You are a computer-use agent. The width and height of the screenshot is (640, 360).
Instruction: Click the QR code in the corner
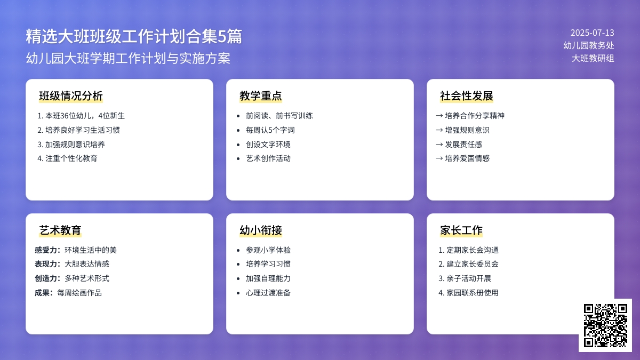[605, 325]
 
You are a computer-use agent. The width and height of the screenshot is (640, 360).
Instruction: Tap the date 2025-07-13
[592, 33]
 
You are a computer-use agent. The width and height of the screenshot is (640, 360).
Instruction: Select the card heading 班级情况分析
[71, 96]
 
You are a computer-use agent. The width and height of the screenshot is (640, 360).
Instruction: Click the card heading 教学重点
[261, 96]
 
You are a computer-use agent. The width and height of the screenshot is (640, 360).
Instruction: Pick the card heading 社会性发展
[467, 96]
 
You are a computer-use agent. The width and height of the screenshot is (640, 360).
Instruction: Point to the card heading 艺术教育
[60, 230]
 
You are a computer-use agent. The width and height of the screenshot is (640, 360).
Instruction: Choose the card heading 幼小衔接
[261, 230]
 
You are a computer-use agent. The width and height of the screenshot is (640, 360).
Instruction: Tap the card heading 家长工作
[461, 230]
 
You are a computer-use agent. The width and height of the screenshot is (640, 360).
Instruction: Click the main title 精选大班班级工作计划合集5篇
[134, 36]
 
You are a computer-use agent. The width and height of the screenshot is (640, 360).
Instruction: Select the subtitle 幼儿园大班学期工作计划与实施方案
[128, 58]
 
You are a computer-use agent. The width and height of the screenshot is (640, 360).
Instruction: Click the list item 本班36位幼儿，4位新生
[81, 116]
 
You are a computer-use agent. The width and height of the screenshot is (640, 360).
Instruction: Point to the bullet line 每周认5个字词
[270, 130]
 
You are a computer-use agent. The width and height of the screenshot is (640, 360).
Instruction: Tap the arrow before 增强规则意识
[439, 130]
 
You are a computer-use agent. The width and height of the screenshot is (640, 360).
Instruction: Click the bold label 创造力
[46, 278]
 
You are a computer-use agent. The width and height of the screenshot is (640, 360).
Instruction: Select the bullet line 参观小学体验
[268, 250]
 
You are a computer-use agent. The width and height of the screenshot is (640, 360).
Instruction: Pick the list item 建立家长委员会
[468, 264]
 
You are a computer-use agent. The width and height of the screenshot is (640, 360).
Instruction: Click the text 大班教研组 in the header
[593, 58]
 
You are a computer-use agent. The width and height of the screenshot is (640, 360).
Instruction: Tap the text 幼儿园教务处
[589, 45]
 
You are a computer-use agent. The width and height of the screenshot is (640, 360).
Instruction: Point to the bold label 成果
[43, 293]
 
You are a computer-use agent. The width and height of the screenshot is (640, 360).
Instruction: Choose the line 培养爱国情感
[467, 158]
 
